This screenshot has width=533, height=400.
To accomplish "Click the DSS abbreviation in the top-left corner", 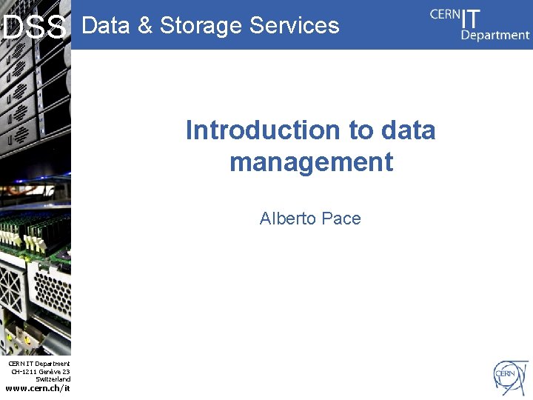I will (x=34, y=28).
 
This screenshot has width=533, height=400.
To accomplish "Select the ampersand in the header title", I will (x=146, y=25).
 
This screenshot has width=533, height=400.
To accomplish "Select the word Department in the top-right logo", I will (x=495, y=35).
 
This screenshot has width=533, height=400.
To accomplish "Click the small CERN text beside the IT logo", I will (x=443, y=14).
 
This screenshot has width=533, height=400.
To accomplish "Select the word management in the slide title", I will (x=311, y=161).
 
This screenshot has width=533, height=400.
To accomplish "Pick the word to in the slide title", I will (x=362, y=130).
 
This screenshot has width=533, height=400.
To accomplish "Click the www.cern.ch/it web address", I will (x=38, y=388).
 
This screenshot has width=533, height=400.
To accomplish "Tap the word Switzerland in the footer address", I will (x=53, y=379).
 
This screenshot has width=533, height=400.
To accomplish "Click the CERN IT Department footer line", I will (x=39, y=364).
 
